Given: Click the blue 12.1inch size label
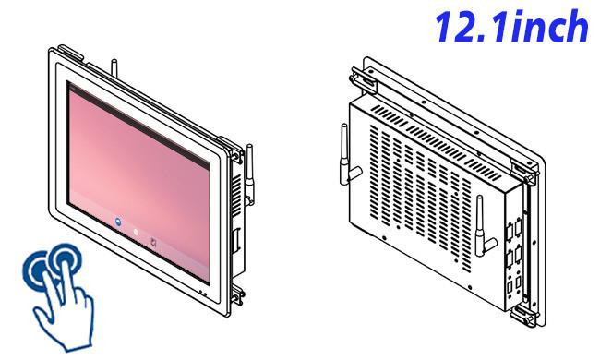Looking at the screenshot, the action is click(511, 26).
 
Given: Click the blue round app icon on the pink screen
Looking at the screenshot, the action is click(118, 222).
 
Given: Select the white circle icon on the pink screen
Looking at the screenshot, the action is click(136, 233).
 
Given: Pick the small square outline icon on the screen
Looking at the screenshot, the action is click(153, 242).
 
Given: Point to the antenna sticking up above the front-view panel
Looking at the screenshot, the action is click(114, 68).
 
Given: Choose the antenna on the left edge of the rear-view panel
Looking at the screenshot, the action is click(347, 155).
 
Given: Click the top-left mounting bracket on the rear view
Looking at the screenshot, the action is click(363, 81).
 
